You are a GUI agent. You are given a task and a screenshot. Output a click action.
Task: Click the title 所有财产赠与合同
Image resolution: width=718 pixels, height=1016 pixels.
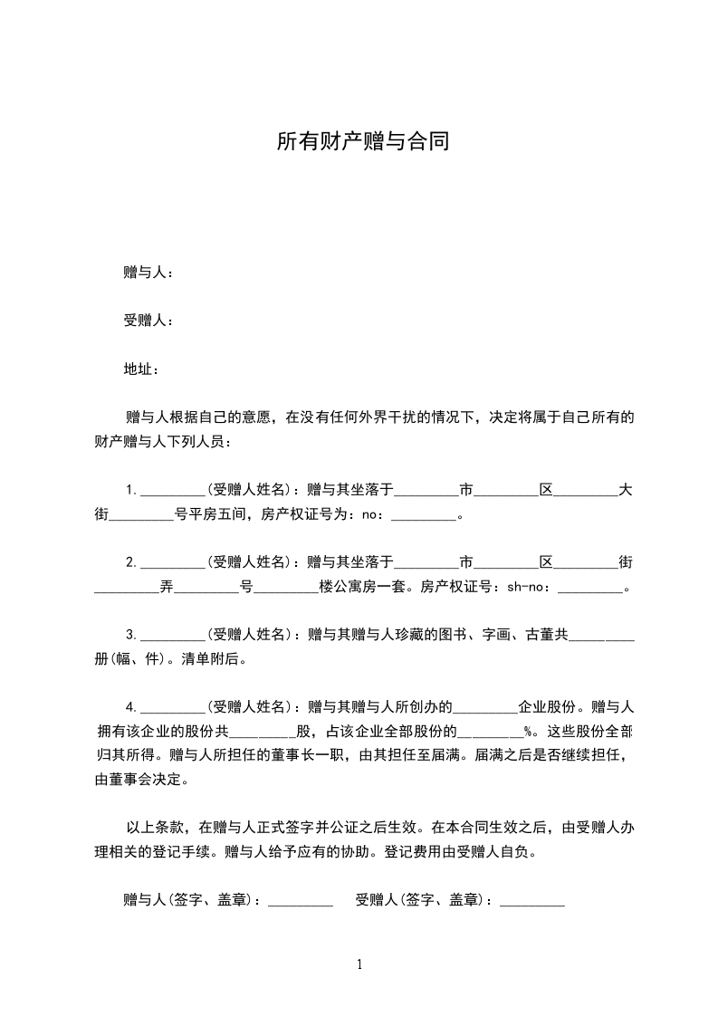click(363, 142)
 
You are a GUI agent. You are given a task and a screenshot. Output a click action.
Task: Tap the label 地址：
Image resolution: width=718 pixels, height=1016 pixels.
click(141, 369)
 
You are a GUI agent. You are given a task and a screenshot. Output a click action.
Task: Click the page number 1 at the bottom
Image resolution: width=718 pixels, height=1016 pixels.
click(359, 964)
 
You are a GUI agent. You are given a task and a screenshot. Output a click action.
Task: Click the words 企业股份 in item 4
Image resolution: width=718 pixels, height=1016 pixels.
click(550, 706)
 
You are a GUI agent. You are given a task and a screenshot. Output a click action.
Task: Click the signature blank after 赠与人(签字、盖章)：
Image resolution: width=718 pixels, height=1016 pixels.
click(301, 900)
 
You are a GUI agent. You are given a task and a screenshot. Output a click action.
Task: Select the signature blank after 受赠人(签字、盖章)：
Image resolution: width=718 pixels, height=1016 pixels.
click(532, 900)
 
